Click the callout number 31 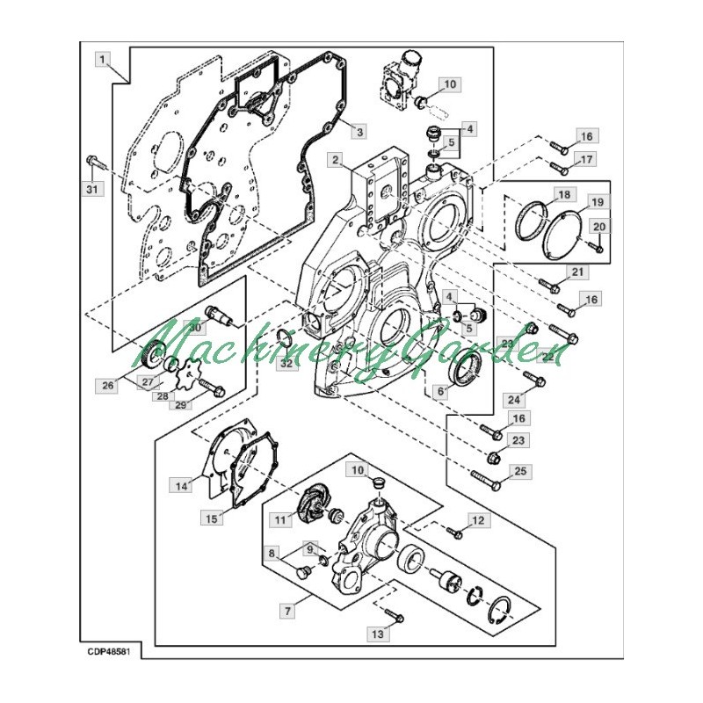coord(92,189)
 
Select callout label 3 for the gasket coord(359,132)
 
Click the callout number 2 coord(336,161)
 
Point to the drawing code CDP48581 coord(109,651)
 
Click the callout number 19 coord(598,202)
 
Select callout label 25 coord(519,471)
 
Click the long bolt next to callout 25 coord(485,479)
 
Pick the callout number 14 coord(181,486)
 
